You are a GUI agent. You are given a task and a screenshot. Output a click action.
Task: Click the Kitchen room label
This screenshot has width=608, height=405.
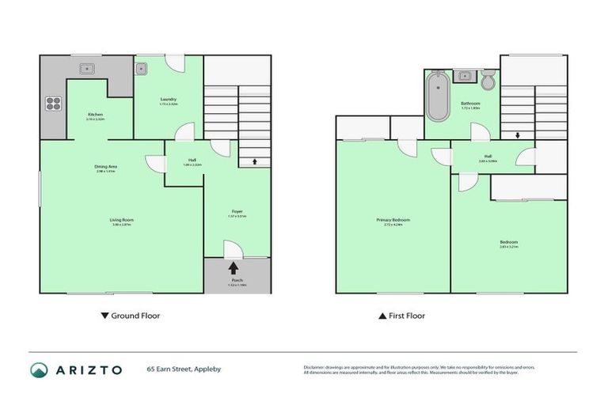click(x=95, y=115)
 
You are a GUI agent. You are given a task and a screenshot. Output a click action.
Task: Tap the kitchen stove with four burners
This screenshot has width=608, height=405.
click(x=55, y=103)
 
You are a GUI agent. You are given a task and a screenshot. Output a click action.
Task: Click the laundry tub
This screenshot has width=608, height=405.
click(x=142, y=68)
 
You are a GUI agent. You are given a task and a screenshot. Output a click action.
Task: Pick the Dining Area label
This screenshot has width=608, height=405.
click(x=106, y=166)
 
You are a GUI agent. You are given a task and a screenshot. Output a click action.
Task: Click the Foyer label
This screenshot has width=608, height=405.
click(x=237, y=211)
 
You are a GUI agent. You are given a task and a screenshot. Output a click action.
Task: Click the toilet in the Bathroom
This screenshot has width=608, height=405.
click(x=488, y=80)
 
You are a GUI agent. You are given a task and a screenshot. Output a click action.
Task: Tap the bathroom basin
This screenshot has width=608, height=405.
click(x=466, y=78)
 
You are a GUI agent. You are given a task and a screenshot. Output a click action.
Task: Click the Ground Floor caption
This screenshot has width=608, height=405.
click(x=135, y=316)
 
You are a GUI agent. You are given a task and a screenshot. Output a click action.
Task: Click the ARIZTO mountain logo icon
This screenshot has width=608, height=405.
click(x=39, y=369)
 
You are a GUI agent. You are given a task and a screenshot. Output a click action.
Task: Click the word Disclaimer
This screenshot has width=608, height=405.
click(x=317, y=367)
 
